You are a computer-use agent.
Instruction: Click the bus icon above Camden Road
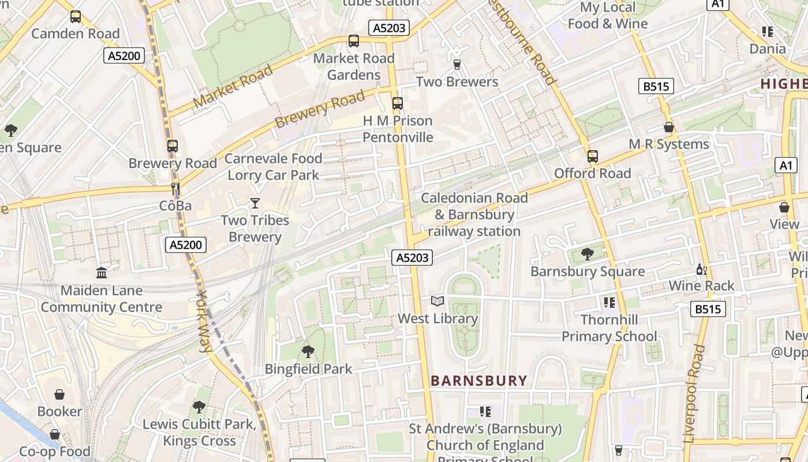[76, 17]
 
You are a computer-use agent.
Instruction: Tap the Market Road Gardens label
[354, 66]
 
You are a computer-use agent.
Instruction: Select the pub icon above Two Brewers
[457, 64]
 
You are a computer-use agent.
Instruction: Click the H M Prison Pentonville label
[398, 129]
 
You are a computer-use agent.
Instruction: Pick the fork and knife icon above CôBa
[175, 188]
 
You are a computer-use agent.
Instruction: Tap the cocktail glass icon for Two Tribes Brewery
[255, 203]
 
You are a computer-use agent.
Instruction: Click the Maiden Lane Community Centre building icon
[102, 272]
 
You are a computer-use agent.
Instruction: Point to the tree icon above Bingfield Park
[308, 351]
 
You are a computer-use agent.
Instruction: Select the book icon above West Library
[438, 301]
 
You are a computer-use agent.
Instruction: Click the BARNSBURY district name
[479, 381]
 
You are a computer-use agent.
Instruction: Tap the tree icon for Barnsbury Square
[588, 254]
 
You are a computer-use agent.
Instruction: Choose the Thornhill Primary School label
[609, 328]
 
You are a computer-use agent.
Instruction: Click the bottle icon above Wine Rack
[701, 269]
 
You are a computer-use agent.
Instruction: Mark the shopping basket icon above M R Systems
[668, 127]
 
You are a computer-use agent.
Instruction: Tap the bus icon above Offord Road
[593, 156]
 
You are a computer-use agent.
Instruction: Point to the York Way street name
[204, 321]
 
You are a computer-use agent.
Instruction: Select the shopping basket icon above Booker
[59, 394]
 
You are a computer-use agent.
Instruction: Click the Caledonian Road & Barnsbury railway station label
[474, 214]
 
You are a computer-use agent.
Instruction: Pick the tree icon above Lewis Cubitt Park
[199, 407]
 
